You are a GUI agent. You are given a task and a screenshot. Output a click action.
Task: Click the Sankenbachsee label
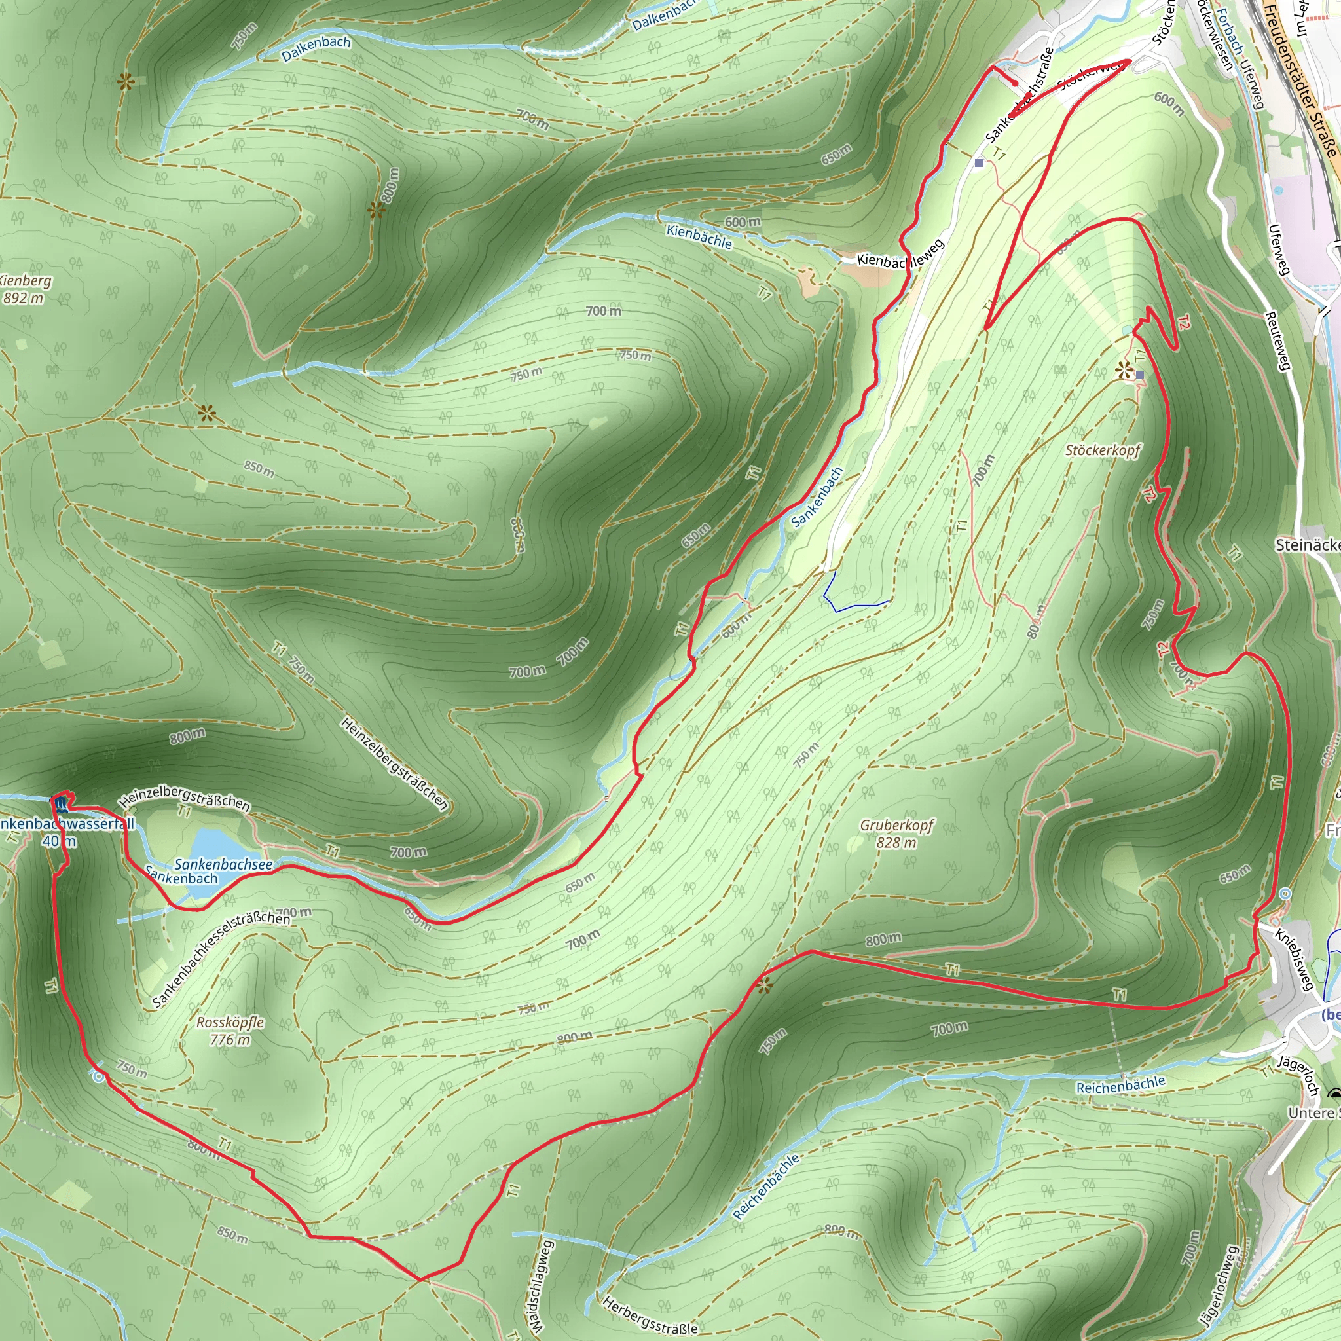coord(223,864)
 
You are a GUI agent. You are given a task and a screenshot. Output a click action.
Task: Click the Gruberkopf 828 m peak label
coord(896,834)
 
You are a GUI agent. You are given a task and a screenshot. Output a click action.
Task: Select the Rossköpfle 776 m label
coord(230,1031)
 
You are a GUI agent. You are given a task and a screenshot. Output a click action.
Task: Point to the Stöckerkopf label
coord(1103,450)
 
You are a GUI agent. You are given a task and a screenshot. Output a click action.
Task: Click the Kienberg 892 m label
coord(25,289)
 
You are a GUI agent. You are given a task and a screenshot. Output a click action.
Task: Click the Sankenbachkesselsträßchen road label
coord(221,957)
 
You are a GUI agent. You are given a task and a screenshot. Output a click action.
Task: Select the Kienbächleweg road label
coord(900,255)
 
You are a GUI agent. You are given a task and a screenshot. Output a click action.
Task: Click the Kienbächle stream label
coord(699,236)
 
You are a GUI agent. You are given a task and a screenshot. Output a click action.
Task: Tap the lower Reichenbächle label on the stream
coord(766,1187)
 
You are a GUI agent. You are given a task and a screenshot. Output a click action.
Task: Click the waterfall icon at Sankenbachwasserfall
coord(61,805)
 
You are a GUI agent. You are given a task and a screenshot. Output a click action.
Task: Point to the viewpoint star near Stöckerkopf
coord(1124,371)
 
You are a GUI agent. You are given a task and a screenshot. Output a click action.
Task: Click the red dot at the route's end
coord(1016,83)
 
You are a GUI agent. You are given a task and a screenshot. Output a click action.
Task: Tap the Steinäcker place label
coord(1308,545)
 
